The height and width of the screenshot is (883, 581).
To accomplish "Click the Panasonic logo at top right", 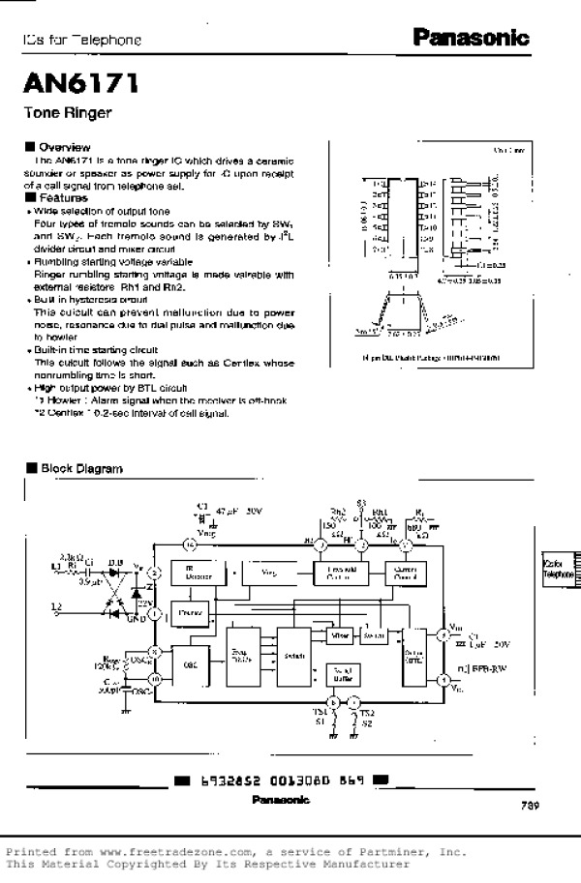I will (x=472, y=39).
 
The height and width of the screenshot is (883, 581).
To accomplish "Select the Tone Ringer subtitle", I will (x=68, y=113).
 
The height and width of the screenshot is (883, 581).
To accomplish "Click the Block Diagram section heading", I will (x=81, y=469).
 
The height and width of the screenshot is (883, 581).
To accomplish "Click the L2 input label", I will (x=56, y=605).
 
